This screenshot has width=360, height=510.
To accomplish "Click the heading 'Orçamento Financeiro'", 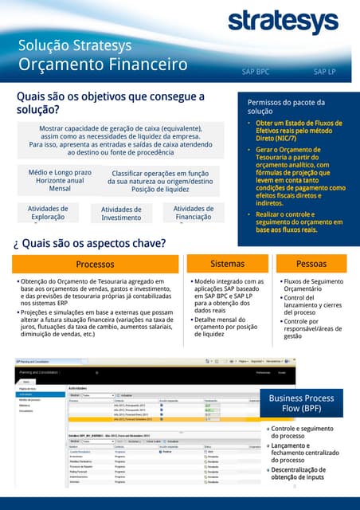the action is [103, 64].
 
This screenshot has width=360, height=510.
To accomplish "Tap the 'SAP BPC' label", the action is [255, 72].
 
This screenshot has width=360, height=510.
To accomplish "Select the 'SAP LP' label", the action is [324, 72].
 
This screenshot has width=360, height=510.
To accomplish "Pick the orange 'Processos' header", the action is [95, 264].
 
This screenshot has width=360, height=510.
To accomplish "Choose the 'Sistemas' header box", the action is [226, 263].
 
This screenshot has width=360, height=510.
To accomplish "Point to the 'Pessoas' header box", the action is [311, 263].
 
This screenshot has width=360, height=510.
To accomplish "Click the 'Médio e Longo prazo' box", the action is [55, 180].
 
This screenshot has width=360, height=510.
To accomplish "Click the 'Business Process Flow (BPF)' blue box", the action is [301, 403].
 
